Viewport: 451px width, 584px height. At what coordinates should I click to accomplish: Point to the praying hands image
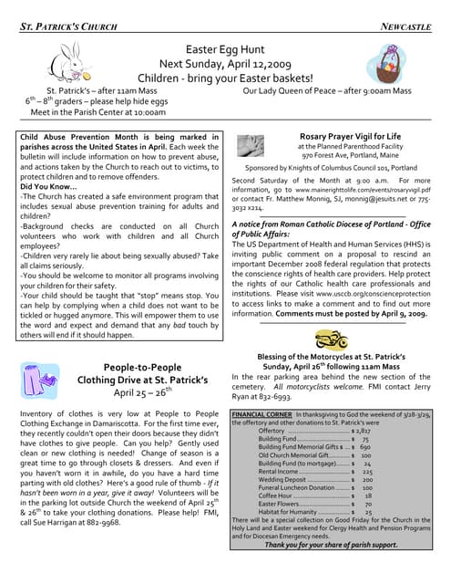click(250, 146)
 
